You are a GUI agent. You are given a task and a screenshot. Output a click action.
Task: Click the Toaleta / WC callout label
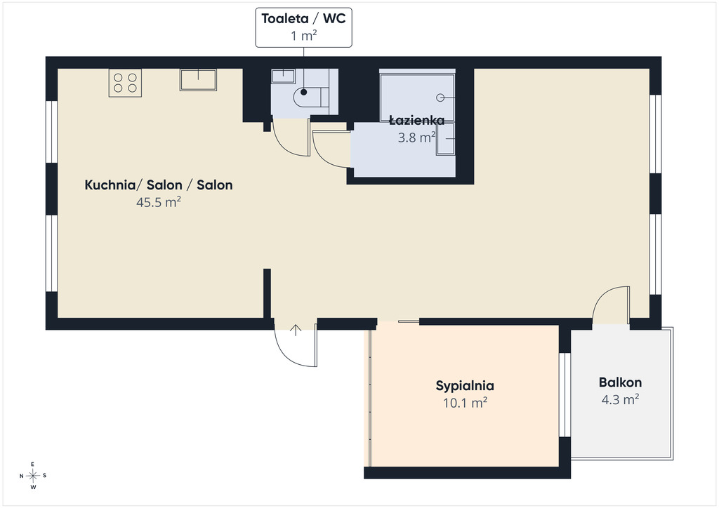303,27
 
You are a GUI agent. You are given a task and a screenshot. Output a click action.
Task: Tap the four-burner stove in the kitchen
125,83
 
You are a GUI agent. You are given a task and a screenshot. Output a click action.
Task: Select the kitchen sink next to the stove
198,80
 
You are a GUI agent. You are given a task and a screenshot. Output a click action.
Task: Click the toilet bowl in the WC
311,97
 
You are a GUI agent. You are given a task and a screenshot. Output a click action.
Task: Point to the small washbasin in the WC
283,76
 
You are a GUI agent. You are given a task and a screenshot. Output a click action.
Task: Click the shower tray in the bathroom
417,97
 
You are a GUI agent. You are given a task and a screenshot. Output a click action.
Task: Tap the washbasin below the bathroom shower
445,139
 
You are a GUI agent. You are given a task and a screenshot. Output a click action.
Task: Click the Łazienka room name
417,121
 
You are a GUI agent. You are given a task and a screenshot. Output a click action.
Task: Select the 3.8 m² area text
416,138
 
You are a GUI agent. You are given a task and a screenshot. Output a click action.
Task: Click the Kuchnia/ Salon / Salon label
159,185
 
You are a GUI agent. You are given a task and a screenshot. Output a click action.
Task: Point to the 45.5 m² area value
159,202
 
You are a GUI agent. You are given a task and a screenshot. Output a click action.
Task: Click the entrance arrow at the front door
296,330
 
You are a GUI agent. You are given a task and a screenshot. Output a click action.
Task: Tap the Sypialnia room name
465,386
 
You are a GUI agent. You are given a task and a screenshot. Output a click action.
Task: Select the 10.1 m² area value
465,403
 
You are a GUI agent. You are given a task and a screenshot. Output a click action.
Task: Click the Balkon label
621,382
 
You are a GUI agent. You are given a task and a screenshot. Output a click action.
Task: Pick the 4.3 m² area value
621,399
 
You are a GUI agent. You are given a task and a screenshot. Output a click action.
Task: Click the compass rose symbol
33,476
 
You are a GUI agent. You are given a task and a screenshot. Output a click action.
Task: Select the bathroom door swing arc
323,156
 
